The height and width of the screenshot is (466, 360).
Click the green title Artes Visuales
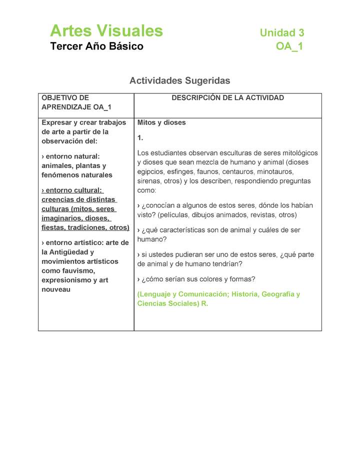[106, 31]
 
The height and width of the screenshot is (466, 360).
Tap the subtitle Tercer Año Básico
[96, 46]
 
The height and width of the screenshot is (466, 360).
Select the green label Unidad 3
[282, 33]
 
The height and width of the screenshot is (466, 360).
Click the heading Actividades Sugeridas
[180, 80]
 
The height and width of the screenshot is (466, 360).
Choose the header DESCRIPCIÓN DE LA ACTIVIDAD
[227, 98]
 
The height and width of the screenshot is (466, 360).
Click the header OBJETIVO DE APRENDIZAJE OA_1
[76, 102]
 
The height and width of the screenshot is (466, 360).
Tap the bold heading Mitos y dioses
[161, 122]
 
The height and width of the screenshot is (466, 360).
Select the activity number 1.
[140, 137]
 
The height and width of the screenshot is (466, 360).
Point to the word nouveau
[56, 289]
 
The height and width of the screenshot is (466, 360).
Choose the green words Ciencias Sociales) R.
[172, 303]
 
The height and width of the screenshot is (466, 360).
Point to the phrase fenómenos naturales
[77, 175]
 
